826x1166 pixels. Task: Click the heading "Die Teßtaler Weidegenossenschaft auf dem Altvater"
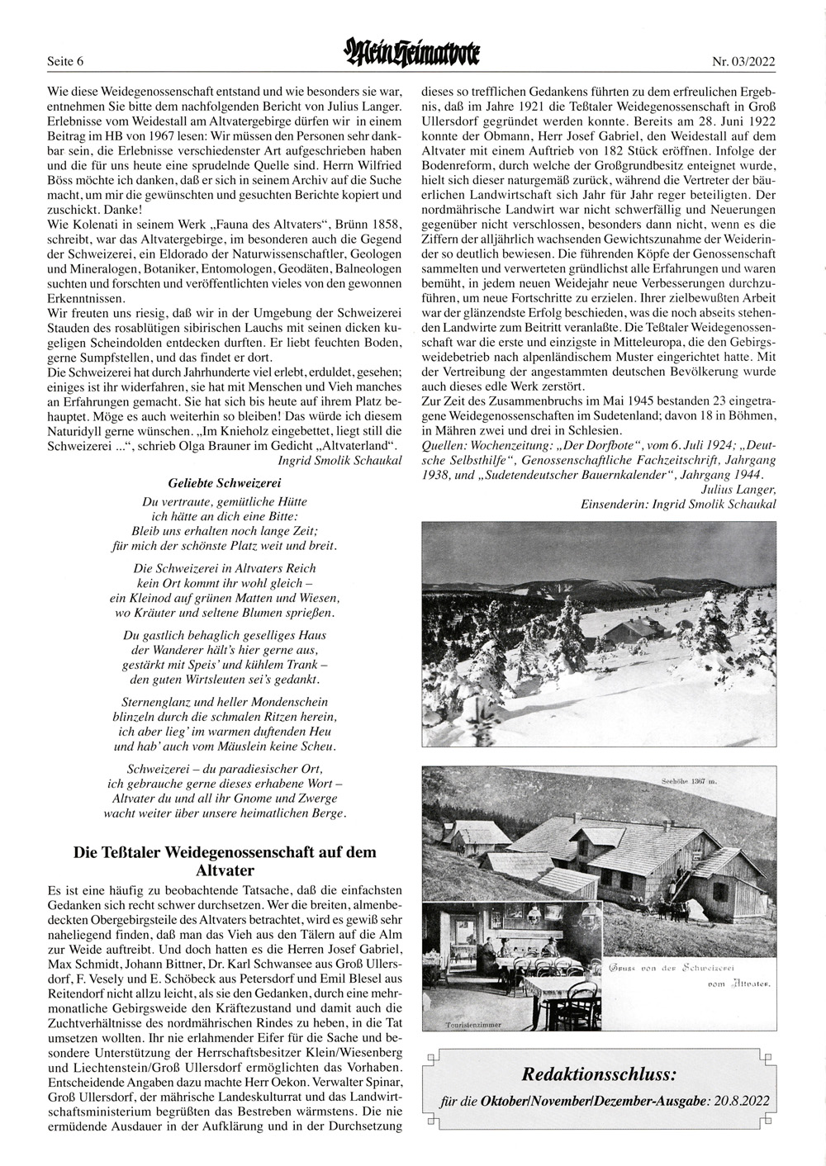pyautogui.click(x=225, y=860)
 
